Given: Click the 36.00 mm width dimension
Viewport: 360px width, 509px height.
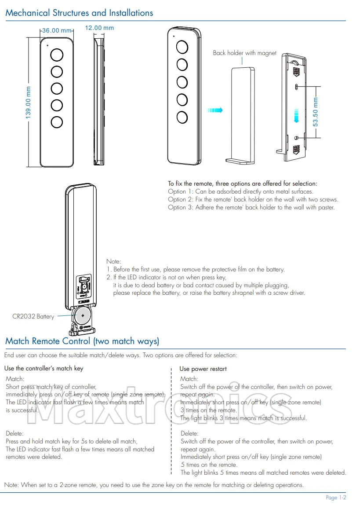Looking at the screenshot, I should tap(57, 30).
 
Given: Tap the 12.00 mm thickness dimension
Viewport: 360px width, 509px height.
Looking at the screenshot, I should tap(99, 28).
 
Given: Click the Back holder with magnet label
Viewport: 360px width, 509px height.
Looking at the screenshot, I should tap(245, 53).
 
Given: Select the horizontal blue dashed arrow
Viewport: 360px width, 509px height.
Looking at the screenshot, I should tap(215, 110).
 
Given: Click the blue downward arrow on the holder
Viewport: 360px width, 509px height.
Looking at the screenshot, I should tap(297, 116).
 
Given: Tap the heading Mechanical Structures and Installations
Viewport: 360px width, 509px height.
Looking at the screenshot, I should tap(79, 13).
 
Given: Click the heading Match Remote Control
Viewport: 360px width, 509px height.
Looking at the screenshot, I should tap(82, 341).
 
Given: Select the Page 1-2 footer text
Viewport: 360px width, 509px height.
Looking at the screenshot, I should tap(336, 498).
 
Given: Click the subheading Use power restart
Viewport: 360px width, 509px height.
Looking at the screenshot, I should tap(203, 369).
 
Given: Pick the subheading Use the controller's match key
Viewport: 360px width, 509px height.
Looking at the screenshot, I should tap(44, 368).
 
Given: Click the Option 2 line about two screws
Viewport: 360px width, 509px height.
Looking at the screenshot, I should tap(253, 199).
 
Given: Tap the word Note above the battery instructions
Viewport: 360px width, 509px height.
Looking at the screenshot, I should tap(113, 261).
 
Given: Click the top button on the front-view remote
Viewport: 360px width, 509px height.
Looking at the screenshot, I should tap(57, 55).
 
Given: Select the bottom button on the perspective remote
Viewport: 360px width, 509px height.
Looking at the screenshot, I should tap(182, 117).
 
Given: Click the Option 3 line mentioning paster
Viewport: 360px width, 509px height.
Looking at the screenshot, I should tap(251, 207).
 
